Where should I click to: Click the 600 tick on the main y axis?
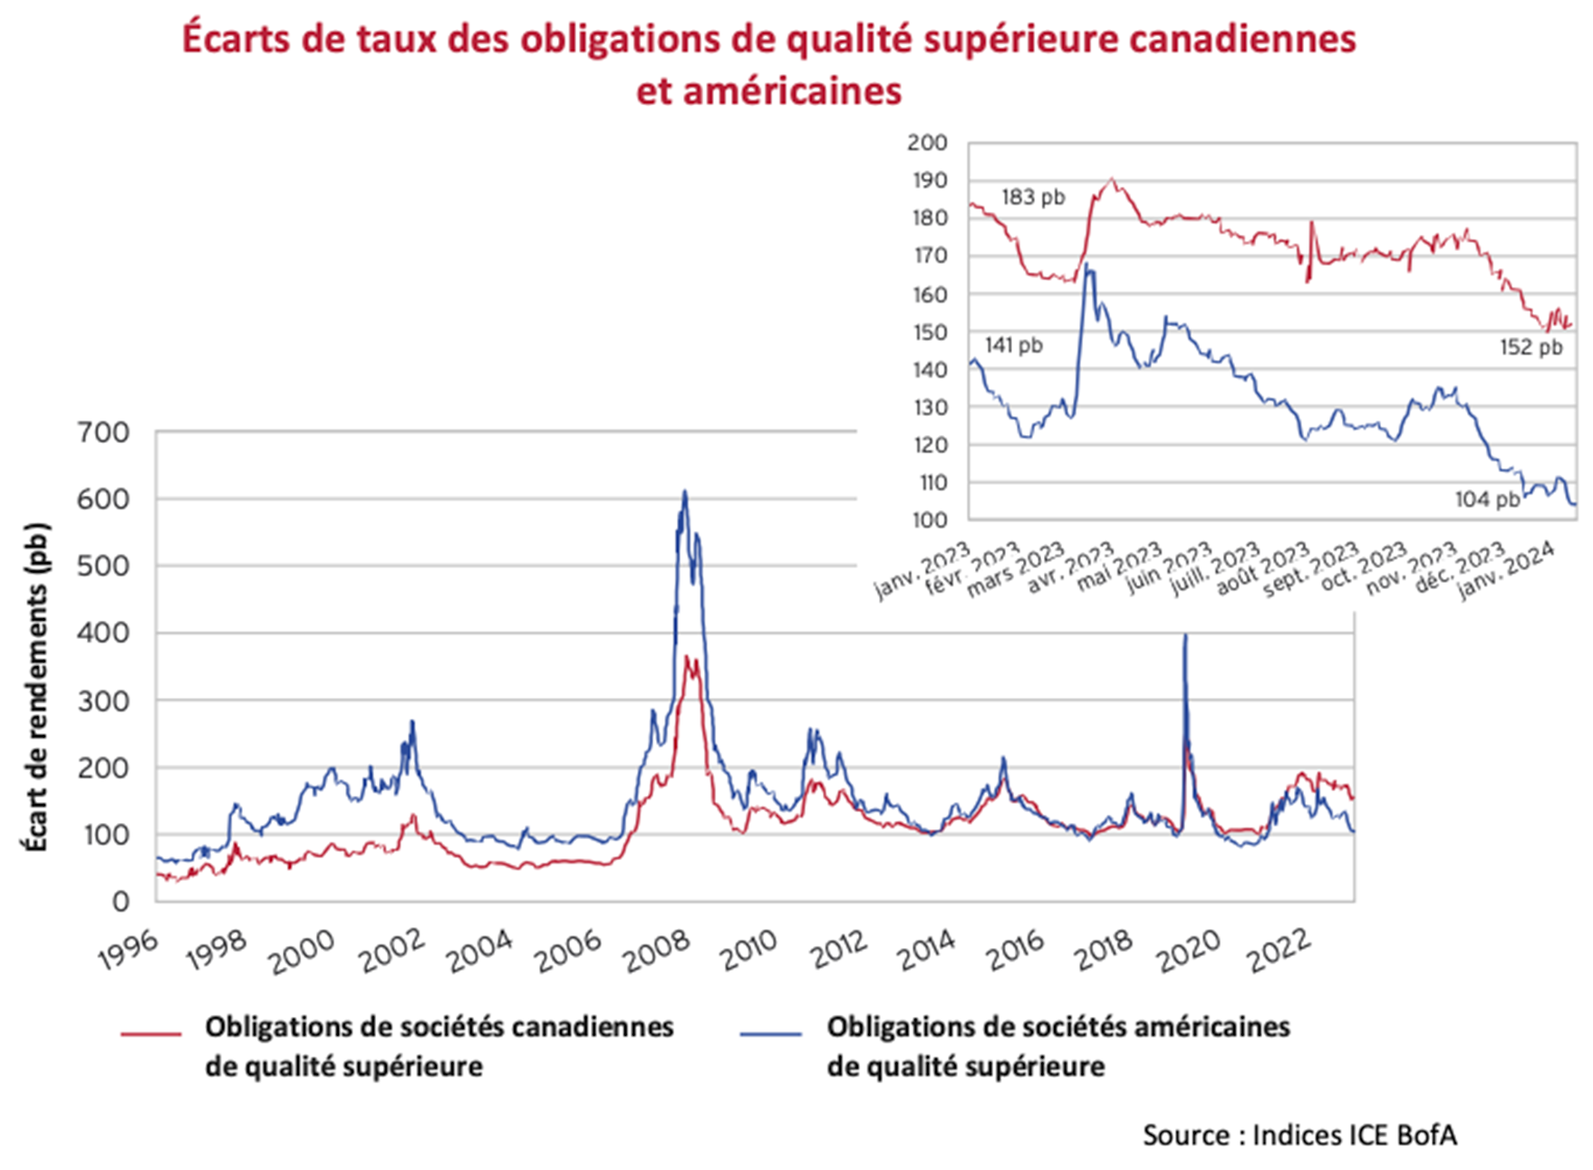pyautogui.click(x=102, y=499)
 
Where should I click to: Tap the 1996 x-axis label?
pyautogui.click(x=129, y=952)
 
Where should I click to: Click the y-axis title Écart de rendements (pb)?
pyautogui.click(x=35, y=687)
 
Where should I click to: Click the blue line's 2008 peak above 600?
pyautogui.click(x=685, y=492)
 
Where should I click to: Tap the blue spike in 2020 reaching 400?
pyautogui.click(x=1185, y=635)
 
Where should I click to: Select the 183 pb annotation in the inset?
pyautogui.click(x=1033, y=197)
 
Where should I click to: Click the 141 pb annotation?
pyautogui.click(x=1014, y=345)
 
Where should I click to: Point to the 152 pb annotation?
pyautogui.click(x=1530, y=347)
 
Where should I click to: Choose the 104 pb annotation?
pyautogui.click(x=1487, y=499)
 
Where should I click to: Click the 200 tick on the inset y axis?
pyautogui.click(x=926, y=142)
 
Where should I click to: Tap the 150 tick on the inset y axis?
pyautogui.click(x=926, y=332)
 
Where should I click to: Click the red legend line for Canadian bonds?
pyautogui.click(x=151, y=1033)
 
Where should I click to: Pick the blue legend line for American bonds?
pyautogui.click(x=771, y=1033)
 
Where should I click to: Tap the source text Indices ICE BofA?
pyautogui.click(x=1354, y=1135)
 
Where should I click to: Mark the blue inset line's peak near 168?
pyautogui.click(x=1086, y=265)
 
